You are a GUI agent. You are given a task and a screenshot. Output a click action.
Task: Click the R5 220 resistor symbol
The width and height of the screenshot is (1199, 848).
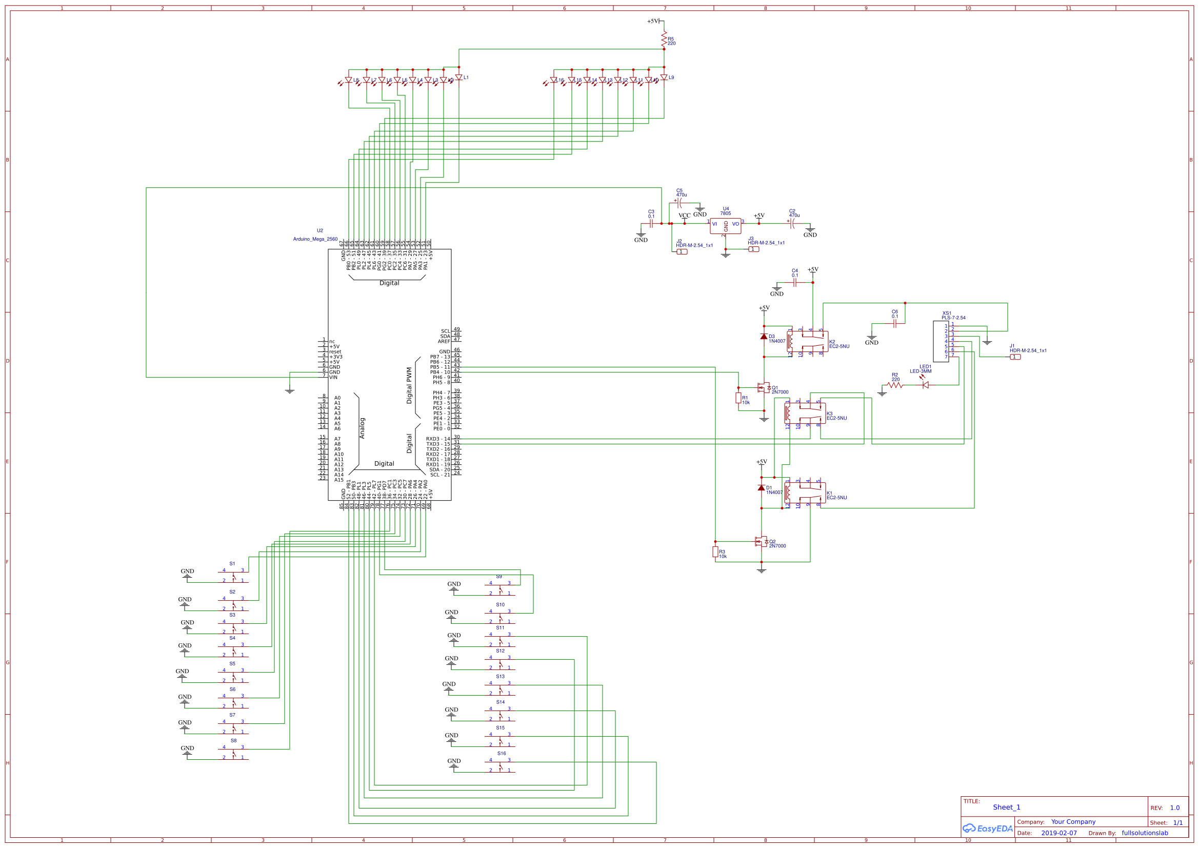pyautogui.click(x=664, y=38)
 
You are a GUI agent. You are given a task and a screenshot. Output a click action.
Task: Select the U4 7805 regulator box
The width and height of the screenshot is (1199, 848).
pyautogui.click(x=725, y=226)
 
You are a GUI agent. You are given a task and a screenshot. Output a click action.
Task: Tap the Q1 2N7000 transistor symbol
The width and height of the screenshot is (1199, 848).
pyautogui.click(x=763, y=388)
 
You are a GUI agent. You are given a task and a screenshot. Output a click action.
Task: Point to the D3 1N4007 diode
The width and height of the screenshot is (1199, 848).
pyautogui.click(x=764, y=337)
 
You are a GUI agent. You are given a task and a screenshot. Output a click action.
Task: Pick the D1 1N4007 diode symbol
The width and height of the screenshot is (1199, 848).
pyautogui.click(x=761, y=487)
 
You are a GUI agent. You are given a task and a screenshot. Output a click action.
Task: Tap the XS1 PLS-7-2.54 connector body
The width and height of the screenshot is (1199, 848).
pyautogui.click(x=941, y=341)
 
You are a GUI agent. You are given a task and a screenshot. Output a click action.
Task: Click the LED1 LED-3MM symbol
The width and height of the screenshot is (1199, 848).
pyautogui.click(x=925, y=385)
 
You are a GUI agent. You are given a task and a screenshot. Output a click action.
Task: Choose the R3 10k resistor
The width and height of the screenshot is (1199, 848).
pyautogui.click(x=715, y=553)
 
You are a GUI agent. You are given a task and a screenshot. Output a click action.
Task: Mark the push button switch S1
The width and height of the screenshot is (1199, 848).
pyautogui.click(x=233, y=576)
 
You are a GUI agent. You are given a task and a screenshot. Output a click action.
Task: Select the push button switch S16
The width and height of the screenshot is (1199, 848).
pyautogui.click(x=500, y=766)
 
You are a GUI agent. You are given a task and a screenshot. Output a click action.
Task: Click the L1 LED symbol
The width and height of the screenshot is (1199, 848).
pyautogui.click(x=458, y=77)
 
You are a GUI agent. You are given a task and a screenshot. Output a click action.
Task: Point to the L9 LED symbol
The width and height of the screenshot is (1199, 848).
pyautogui.click(x=664, y=77)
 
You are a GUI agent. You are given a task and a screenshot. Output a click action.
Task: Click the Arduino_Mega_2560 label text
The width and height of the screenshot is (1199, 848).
pyautogui.click(x=315, y=239)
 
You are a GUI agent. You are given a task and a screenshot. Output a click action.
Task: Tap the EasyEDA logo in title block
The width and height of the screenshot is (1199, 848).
pyautogui.click(x=987, y=829)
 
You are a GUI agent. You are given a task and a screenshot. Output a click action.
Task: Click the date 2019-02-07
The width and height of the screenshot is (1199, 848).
pyautogui.click(x=1058, y=833)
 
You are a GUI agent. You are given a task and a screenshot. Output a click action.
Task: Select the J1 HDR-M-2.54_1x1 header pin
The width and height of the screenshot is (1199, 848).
pyautogui.click(x=1015, y=357)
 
